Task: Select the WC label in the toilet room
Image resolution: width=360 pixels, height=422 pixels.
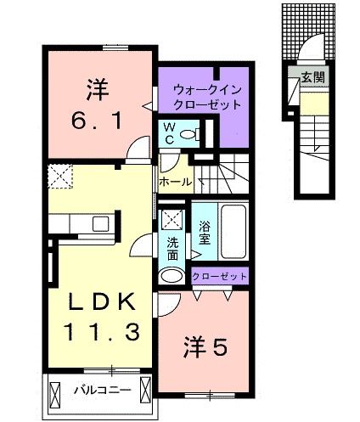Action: (x=169, y=133)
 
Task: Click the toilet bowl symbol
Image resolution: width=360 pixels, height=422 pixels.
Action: (x=193, y=133)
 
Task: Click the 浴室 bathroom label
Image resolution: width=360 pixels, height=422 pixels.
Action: (x=205, y=232)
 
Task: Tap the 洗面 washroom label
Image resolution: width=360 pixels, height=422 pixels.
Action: (x=173, y=247)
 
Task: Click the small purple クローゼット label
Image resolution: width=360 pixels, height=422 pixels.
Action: (x=220, y=276)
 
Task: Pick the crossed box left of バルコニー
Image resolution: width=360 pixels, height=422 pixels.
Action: (x=57, y=393)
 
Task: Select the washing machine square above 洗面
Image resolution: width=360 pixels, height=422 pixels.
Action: (x=172, y=219)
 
